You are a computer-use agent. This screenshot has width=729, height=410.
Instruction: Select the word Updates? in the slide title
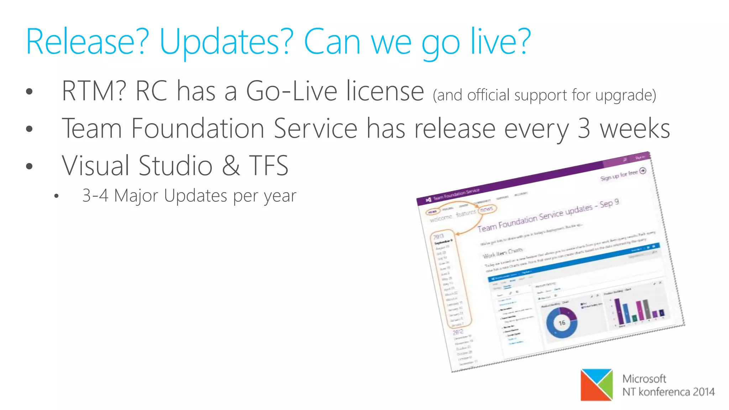point(226,42)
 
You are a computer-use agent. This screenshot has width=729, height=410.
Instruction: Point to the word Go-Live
point(292,91)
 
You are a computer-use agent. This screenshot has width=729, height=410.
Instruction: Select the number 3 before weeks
point(584,128)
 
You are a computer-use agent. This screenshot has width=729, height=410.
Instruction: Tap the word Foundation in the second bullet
point(198,128)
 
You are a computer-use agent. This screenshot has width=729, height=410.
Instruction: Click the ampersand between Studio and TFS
point(231,166)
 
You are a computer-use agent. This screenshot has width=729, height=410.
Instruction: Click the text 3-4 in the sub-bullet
point(95,196)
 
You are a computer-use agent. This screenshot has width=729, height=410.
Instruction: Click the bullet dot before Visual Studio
point(30,166)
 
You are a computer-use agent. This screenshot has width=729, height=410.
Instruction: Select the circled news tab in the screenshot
point(487,209)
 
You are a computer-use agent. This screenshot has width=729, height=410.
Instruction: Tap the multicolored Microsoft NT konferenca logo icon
point(597,385)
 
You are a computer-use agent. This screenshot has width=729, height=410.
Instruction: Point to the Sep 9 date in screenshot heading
point(609,204)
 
